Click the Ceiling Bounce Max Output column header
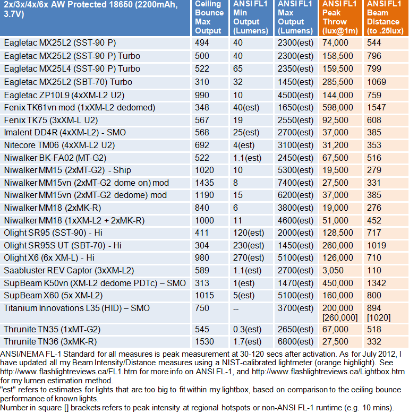tap(209, 18)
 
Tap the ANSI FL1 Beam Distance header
tap(385, 18)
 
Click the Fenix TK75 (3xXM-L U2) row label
tap(51, 121)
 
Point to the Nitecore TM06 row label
tap(59, 145)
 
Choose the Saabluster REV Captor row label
tap(69, 271)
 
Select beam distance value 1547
tap(376, 107)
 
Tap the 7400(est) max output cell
tap(295, 183)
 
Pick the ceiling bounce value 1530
tap(204, 342)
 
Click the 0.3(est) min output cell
tap(247, 330)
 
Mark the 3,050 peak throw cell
tap(333, 271)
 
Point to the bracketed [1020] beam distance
tap(379, 317)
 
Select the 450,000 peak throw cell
tap(338, 283)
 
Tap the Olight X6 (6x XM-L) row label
tap(49, 258)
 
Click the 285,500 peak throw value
tap(338, 82)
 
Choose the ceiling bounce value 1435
tap(204, 183)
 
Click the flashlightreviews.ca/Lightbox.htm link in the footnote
tap(328, 372)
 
